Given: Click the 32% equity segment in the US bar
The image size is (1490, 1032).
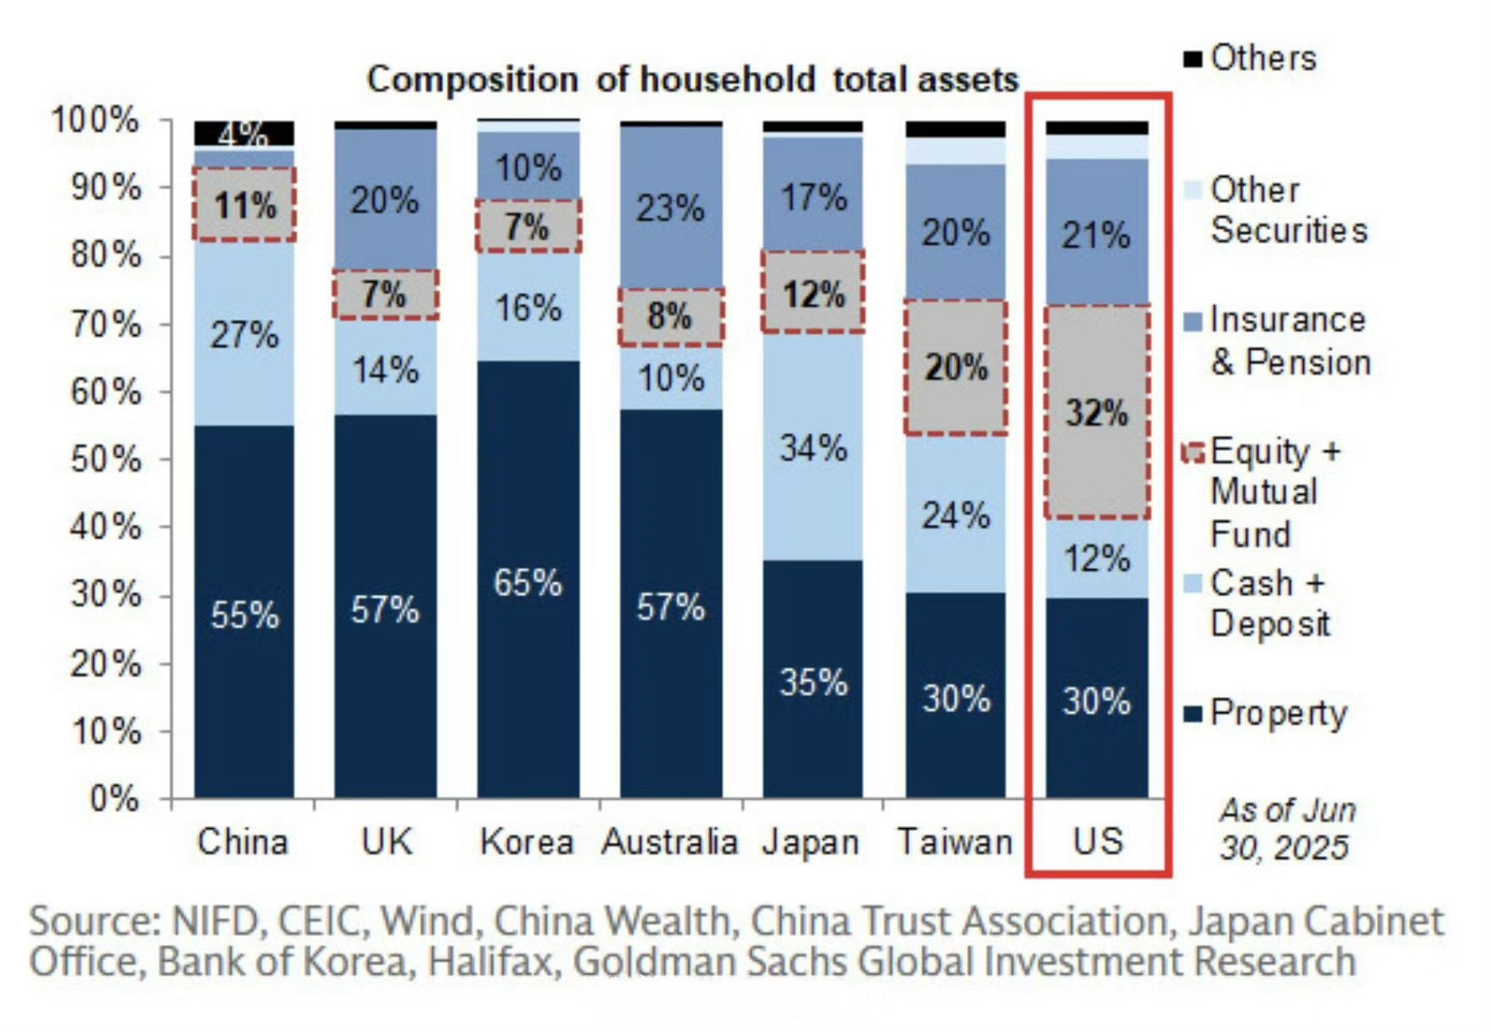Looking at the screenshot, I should (1097, 412).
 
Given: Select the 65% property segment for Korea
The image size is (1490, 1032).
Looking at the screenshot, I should (528, 582).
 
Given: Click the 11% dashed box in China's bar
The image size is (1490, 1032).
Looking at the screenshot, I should (245, 205).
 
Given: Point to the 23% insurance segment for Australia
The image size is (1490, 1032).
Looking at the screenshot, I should (671, 207).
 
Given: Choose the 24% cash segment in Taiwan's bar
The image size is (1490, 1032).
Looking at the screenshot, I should (956, 514).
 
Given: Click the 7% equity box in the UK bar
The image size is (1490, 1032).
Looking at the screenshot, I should (385, 294).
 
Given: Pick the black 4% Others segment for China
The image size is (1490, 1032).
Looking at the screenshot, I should (245, 133).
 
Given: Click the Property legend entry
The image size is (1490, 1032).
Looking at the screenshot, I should (1277, 713).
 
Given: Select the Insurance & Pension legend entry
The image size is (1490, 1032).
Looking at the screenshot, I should (1289, 341).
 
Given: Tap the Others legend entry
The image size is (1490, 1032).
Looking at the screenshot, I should (1262, 58).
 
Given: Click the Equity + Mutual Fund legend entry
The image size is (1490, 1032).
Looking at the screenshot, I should (1273, 492).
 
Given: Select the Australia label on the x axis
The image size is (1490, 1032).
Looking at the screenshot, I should (670, 842).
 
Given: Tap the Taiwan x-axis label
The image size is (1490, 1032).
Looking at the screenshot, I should (954, 842).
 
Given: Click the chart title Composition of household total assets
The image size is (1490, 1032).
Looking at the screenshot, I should (692, 80).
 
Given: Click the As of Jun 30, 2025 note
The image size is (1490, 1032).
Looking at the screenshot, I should (1285, 828).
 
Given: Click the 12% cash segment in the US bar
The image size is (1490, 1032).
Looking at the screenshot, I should (1097, 557).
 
